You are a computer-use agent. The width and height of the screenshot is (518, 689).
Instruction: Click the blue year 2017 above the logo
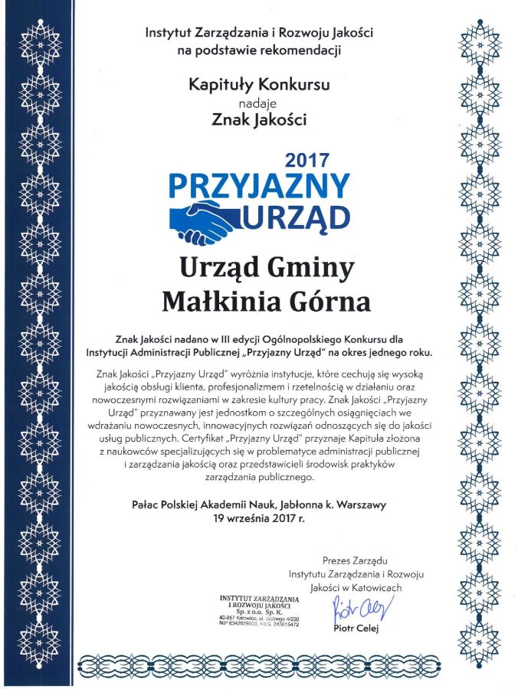307,161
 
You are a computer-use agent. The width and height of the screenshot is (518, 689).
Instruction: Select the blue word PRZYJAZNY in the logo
259,187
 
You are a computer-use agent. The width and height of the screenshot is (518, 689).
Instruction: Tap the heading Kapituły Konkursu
259,85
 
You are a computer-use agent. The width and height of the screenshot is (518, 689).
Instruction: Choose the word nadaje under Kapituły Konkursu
259,102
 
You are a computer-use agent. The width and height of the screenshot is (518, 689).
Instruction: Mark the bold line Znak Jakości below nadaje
259,119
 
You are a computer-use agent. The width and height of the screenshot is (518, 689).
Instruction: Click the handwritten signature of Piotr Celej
362,610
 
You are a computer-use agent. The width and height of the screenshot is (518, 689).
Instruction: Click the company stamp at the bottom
258,610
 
